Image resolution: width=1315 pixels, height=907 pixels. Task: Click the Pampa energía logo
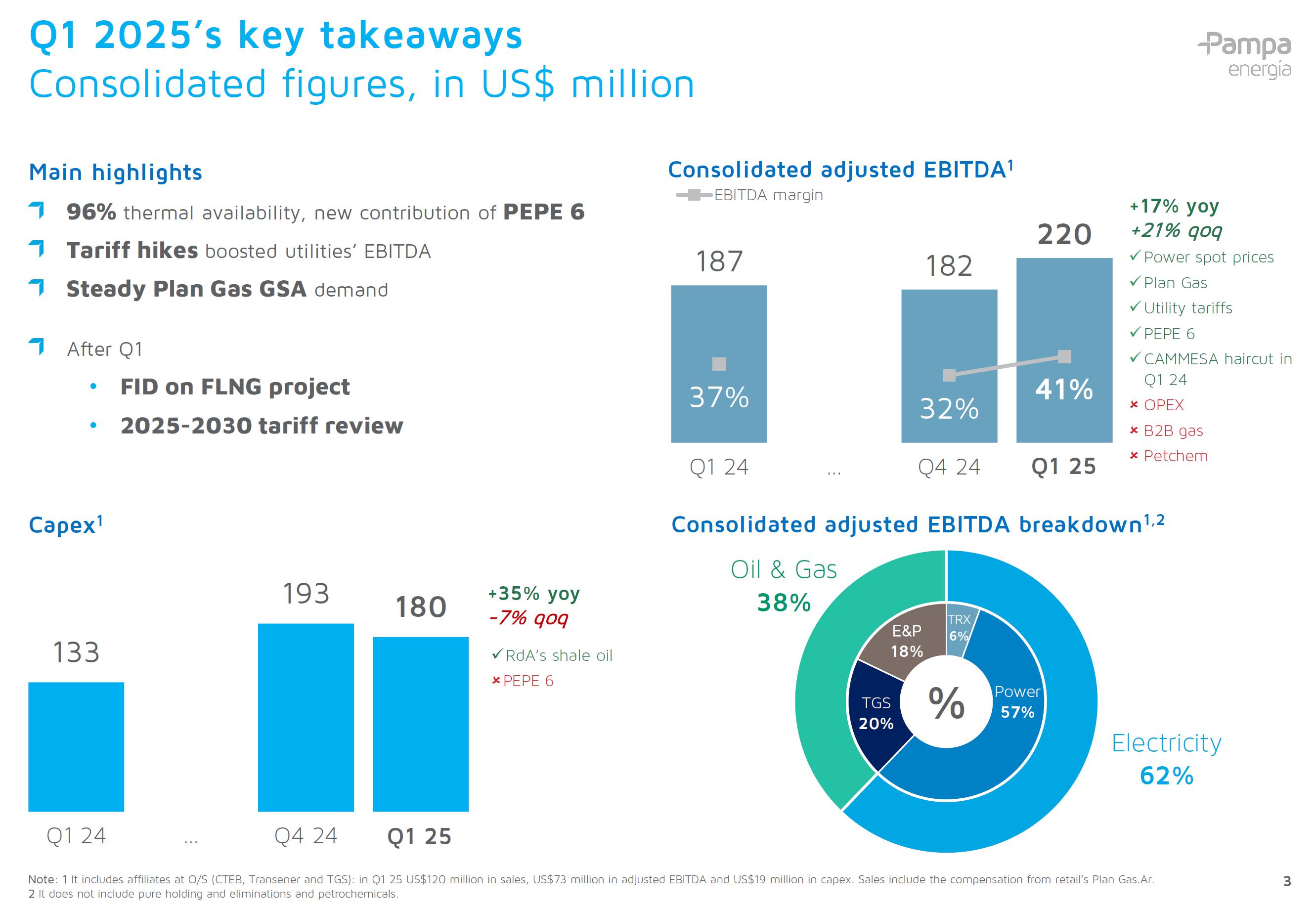pos(1244,54)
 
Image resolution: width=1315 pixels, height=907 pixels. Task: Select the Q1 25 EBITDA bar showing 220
pos(1064,318)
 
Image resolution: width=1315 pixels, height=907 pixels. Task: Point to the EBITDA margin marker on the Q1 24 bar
pos(719,364)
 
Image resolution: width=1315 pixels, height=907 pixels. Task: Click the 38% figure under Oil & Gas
pos(784,603)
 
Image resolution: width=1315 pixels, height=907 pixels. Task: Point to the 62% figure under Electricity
pos(1166,776)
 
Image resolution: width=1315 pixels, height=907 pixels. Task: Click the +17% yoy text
pos(1174,206)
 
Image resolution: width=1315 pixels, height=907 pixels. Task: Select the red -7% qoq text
pos(528,618)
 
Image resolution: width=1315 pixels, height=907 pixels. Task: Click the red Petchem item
pos(1175,456)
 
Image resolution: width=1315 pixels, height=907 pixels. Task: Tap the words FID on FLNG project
pos(235,387)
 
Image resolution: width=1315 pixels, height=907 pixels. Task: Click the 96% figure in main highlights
pos(91,212)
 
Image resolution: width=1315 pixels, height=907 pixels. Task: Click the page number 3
pos(1287,881)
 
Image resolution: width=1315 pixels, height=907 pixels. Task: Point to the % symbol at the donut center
pos(946,703)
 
